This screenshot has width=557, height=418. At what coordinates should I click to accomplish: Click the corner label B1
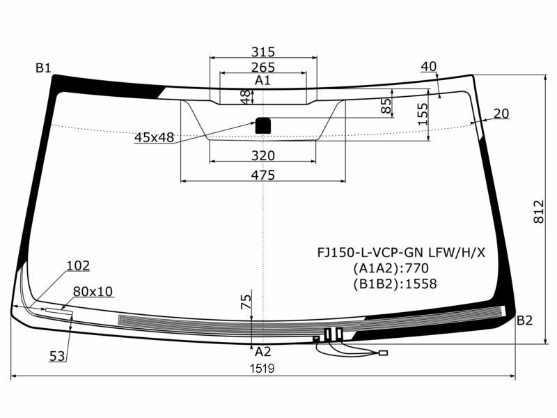(43, 68)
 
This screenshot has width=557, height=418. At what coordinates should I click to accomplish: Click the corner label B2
(524, 320)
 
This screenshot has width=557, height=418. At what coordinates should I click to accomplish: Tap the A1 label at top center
(262, 81)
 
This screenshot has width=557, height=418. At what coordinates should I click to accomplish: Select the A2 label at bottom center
(262, 352)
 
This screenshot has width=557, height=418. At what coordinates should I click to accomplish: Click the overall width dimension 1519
(262, 369)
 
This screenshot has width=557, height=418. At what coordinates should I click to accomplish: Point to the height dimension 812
(538, 211)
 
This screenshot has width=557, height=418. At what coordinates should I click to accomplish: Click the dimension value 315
(263, 52)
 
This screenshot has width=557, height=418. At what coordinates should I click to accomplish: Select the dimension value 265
(263, 68)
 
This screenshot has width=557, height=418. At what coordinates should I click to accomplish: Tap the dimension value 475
(262, 175)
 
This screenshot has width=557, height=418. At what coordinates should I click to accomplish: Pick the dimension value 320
(263, 155)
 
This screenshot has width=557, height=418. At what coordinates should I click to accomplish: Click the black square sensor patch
(263, 125)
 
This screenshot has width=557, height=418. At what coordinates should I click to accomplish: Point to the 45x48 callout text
(154, 138)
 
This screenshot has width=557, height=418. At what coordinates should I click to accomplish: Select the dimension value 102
(78, 265)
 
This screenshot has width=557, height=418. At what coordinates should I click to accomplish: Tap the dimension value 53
(57, 356)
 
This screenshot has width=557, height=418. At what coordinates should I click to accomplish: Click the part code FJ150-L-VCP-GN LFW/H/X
(398, 251)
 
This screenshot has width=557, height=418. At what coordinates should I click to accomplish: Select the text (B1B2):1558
(395, 284)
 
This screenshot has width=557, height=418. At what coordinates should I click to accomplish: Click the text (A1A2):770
(391, 268)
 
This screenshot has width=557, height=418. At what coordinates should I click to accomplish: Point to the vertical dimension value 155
(423, 114)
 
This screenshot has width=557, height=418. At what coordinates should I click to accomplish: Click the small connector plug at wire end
(382, 353)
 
